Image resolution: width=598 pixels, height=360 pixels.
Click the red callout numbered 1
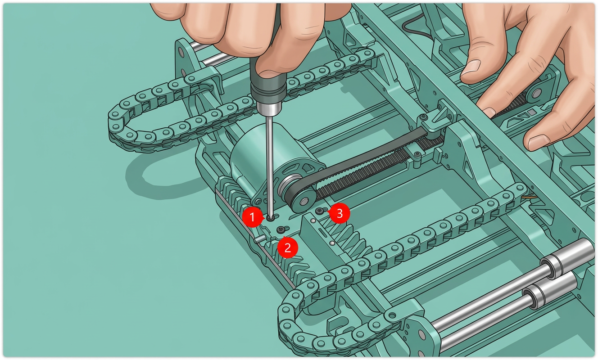tap(252, 217)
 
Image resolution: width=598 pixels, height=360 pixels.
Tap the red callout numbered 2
tap(288, 248)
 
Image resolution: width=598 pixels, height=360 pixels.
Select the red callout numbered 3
tap(340, 213)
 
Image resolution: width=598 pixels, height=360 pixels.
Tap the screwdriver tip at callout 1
tap(271, 218)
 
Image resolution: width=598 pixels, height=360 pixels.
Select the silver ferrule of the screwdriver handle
tap(268, 109)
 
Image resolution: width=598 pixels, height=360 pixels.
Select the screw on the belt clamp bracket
tap(422, 117)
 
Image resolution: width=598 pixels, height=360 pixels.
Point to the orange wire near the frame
tap(528, 198)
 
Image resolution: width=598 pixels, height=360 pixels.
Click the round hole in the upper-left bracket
tap(181, 51)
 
